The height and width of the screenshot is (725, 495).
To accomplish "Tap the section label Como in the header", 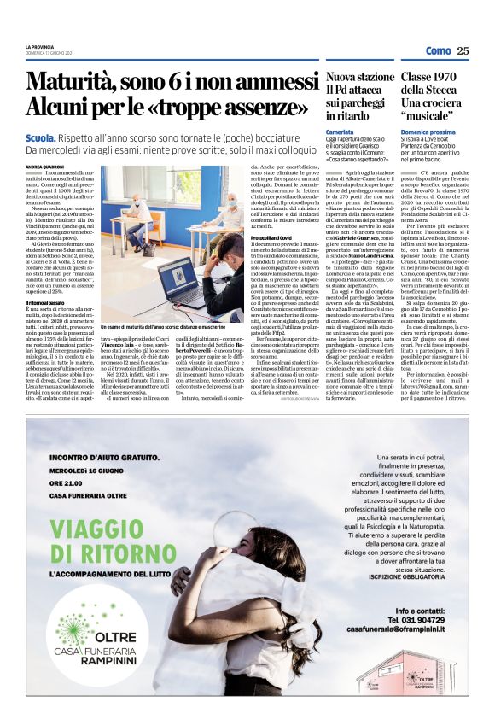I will (x=436, y=50).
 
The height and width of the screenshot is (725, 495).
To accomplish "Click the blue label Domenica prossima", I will (x=428, y=132).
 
